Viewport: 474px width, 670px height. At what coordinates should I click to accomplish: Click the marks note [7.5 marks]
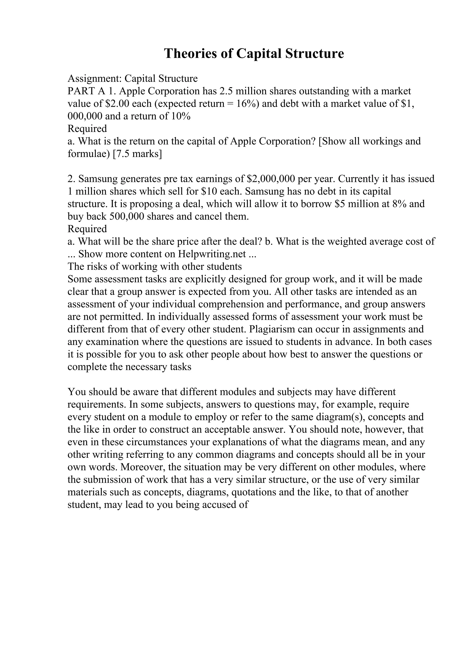(137, 154)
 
